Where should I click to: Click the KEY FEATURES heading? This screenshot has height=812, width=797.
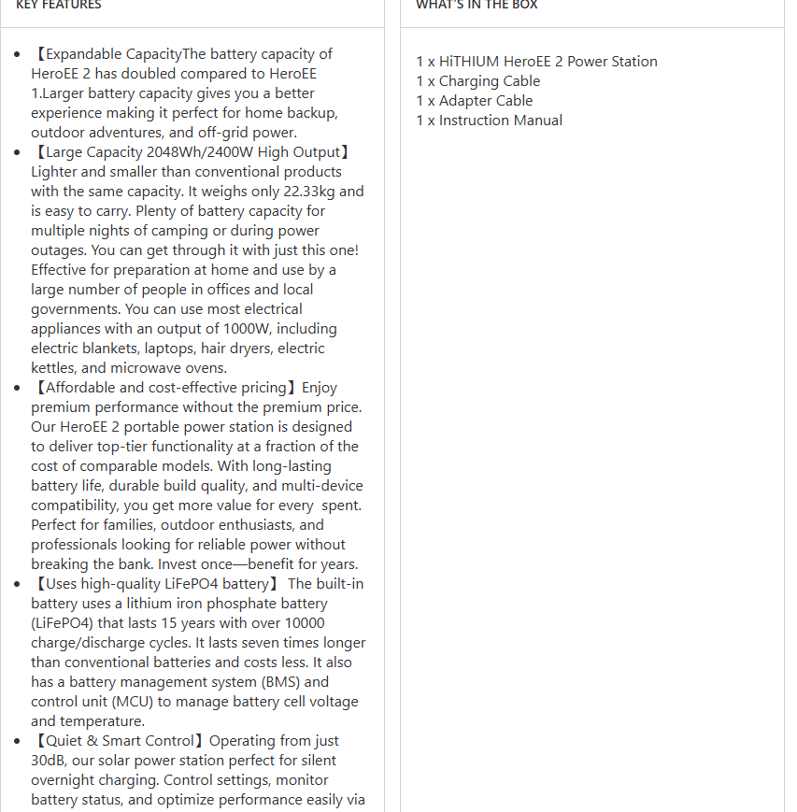59,5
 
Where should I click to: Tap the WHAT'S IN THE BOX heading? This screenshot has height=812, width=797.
477,5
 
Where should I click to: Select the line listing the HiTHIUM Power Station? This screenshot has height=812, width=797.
536,62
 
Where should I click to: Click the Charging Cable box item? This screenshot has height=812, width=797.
477,81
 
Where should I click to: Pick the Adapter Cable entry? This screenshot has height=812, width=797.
474,101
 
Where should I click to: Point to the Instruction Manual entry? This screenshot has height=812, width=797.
489,121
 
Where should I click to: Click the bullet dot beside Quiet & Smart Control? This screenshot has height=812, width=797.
18,741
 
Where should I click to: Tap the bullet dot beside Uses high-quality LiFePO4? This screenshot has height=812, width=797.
18,584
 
